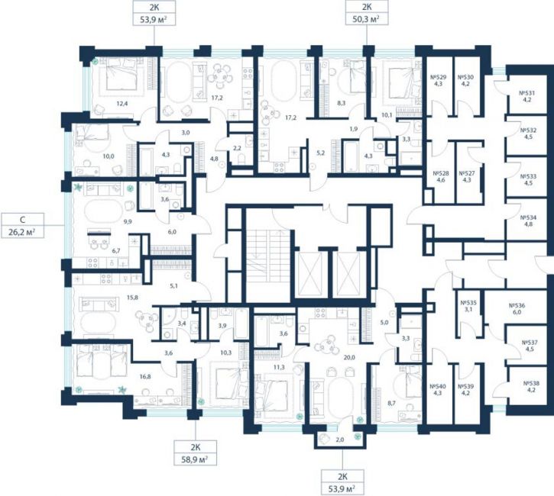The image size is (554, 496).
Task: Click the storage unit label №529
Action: click(439, 77)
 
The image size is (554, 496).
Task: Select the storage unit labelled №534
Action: click(528, 217)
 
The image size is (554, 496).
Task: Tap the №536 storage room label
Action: click(517, 306)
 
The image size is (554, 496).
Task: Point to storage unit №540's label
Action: click(438, 386)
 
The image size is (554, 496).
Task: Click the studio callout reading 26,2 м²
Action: click(22, 225)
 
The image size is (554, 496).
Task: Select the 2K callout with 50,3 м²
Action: click(366, 13)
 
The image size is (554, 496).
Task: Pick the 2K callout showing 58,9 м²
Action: click(196, 453)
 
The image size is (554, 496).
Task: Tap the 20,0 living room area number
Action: click(349, 357)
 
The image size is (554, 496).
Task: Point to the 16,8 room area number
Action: click(145, 376)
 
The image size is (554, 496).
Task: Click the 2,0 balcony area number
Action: click(340, 440)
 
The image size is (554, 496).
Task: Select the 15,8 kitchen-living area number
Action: click(132, 298)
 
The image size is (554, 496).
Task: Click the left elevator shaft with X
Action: click(310, 274)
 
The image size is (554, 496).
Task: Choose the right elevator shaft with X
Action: click(348, 274)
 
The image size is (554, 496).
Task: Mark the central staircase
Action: click(268, 265)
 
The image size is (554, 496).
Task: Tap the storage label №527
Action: click(467, 173)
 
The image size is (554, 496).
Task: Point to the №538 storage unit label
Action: click(531, 383)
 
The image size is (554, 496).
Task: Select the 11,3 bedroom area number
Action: click(279, 367)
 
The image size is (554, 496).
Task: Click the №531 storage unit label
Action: click(526, 93)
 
